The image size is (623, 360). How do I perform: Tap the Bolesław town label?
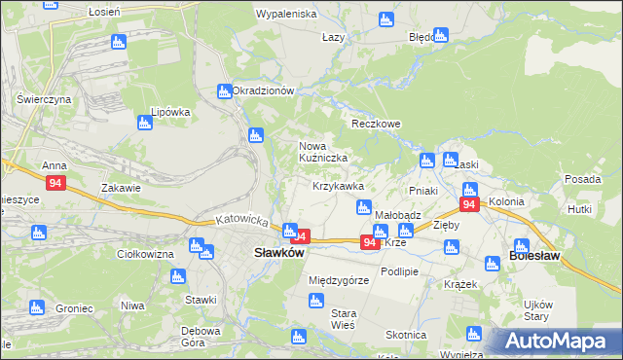(534, 259)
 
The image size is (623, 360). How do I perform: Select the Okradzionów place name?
(264, 90)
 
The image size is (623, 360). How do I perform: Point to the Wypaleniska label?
(286, 15)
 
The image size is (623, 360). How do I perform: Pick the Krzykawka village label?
(338, 186)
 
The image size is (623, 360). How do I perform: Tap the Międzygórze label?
(338, 280)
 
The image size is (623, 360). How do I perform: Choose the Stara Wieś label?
(345, 319)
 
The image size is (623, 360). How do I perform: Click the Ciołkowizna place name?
(144, 254)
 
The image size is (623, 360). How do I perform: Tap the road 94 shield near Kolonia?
(469, 204)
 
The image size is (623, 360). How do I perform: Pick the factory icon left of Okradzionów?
(224, 91)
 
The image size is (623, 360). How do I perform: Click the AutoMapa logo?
(556, 341)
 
